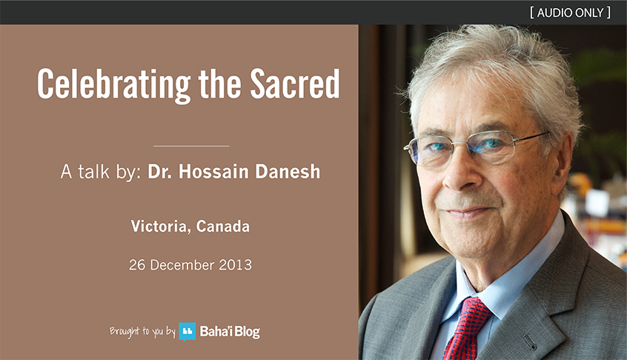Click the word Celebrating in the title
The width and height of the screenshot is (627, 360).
[114, 84]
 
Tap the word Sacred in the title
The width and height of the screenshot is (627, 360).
[295, 84]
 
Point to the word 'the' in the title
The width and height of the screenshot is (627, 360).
[219, 84]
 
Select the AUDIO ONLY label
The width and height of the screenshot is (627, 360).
[570, 13]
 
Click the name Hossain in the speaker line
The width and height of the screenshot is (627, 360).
[213, 171]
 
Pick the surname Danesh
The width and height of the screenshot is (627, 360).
[288, 171]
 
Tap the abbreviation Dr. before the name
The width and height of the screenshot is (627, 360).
[160, 171]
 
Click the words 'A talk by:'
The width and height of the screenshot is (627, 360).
[101, 172]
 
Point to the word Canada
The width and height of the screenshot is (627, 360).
[223, 226]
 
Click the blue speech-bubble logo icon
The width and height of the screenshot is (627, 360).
[188, 332]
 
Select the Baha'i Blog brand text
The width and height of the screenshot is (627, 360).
[230, 332]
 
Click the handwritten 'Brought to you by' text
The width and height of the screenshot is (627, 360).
[142, 331]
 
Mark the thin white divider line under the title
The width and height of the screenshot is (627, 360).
[191, 146]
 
